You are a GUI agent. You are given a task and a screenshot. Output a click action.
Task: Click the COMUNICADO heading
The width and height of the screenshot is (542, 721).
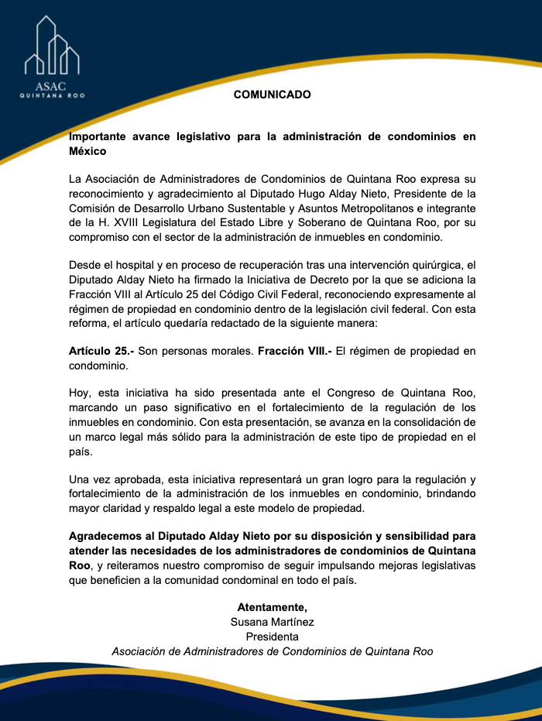click(272, 95)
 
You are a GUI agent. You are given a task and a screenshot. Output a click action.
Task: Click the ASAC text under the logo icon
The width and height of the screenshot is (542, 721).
click(51, 86)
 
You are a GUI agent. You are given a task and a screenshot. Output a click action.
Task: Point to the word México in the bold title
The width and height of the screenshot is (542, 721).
click(87, 151)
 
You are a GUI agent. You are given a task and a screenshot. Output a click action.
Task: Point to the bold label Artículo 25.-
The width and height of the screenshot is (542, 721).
click(101, 350)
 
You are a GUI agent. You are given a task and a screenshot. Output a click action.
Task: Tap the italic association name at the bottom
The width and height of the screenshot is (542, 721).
click(272, 651)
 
